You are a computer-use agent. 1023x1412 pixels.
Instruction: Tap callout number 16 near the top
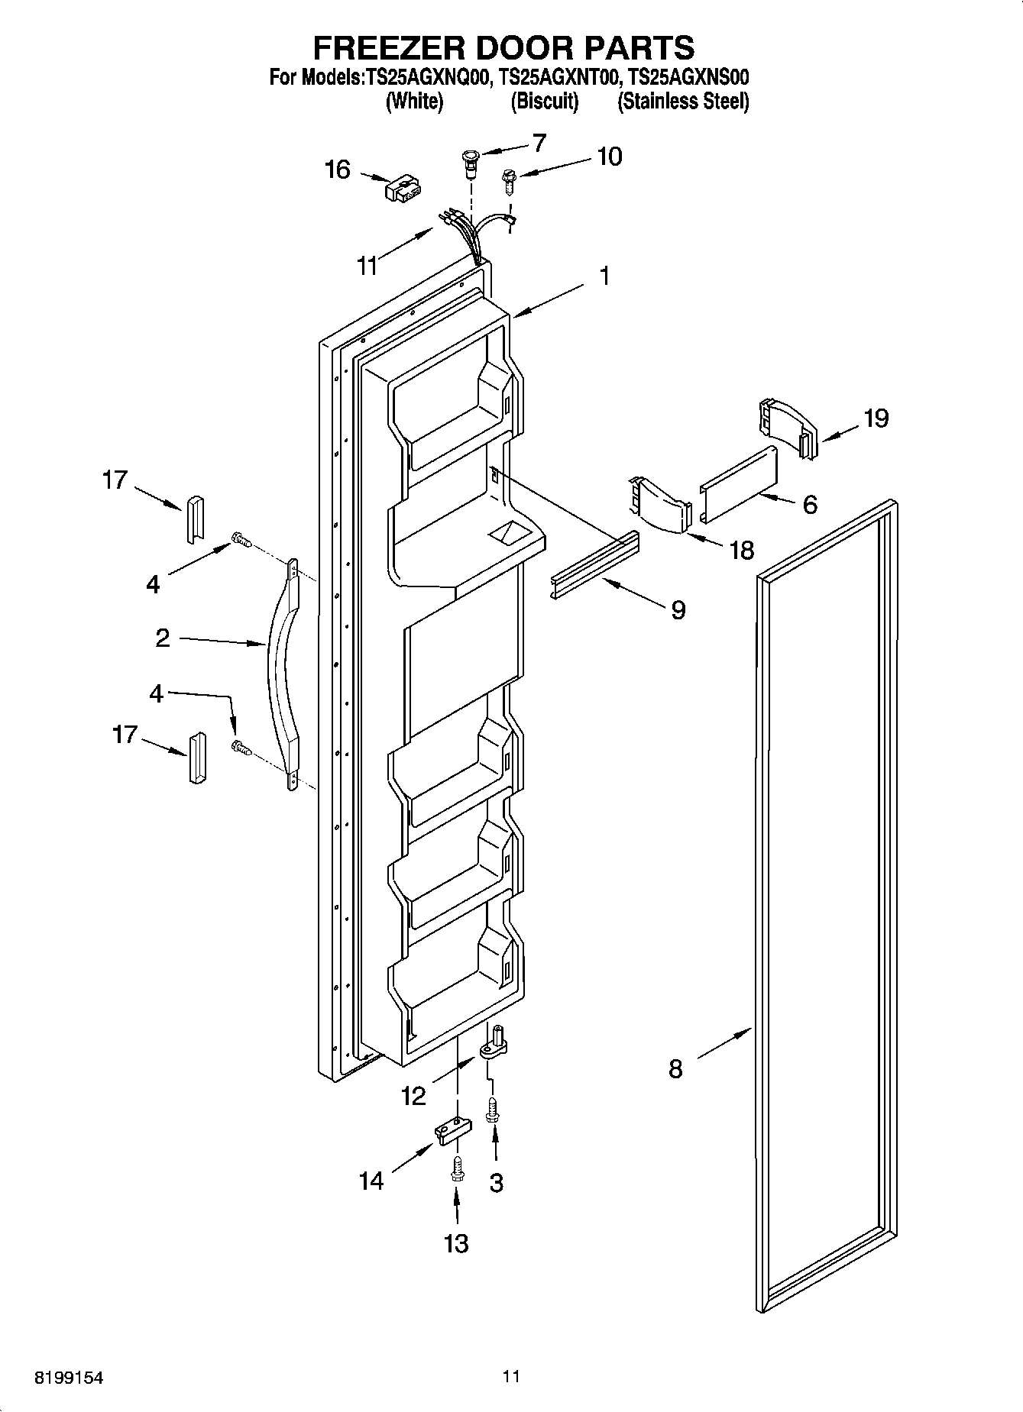pos(337,170)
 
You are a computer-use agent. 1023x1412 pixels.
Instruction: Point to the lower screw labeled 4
pos(241,749)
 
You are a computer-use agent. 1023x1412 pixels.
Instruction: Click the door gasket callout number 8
pos(675,1068)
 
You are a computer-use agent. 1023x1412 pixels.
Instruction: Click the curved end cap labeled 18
pos(661,506)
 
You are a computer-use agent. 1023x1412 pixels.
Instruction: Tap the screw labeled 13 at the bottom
pos(456,1168)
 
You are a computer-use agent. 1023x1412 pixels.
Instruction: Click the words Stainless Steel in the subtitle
pos(683,101)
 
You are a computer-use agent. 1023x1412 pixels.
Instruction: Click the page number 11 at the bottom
pos(511,1376)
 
